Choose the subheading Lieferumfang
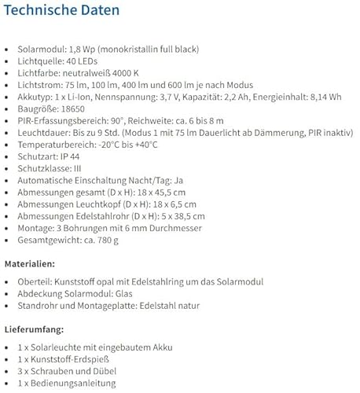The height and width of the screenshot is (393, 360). [x=34, y=329]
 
